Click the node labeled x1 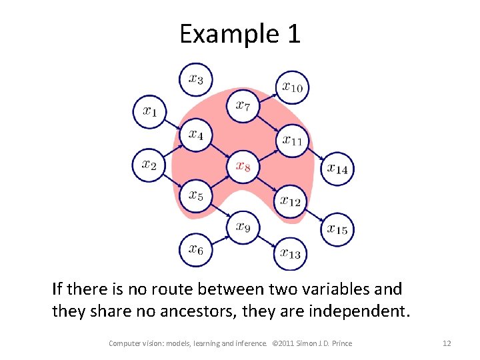pyautogui.click(x=149, y=111)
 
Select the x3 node pyautogui.click(x=196, y=79)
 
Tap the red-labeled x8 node pyautogui.click(x=243, y=166)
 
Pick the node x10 pyautogui.click(x=292, y=87)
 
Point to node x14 pyautogui.click(x=337, y=169)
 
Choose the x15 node pyautogui.click(x=337, y=229)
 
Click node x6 pyautogui.click(x=196, y=250)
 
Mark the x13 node pyautogui.click(x=291, y=253)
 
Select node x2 pyautogui.click(x=149, y=165)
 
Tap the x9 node pyautogui.click(x=243, y=228)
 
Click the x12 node pyautogui.click(x=291, y=200)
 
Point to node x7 pyautogui.click(x=243, y=105)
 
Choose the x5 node pyautogui.click(x=196, y=195)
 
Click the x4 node pyautogui.click(x=196, y=135)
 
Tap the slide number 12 pyautogui.click(x=447, y=343)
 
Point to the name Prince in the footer pyautogui.click(x=339, y=343)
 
